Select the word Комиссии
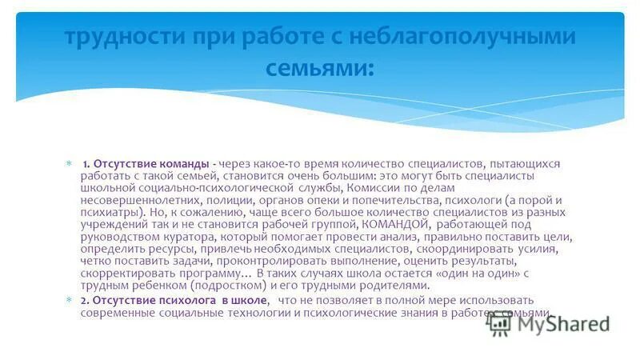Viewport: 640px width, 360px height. (369, 188)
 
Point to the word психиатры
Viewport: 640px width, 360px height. (110, 212)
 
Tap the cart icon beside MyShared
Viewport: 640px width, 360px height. (501, 322)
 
